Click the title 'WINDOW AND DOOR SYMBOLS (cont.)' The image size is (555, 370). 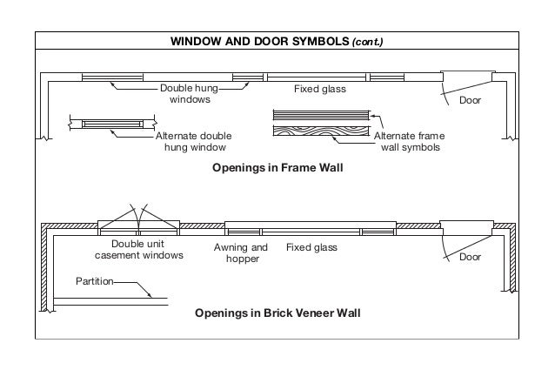click(x=277, y=41)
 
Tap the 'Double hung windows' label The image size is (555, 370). click(x=189, y=94)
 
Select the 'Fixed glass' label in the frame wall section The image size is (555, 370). click(x=320, y=89)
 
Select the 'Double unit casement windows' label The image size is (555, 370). click(x=139, y=249)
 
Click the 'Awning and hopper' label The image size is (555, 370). click(x=241, y=253)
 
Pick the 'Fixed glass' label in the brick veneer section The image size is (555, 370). click(x=311, y=247)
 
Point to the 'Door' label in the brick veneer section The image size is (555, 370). click(x=470, y=257)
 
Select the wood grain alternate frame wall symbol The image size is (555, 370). click(x=324, y=131)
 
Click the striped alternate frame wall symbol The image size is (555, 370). click(x=324, y=115)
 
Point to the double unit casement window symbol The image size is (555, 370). click(x=139, y=224)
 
